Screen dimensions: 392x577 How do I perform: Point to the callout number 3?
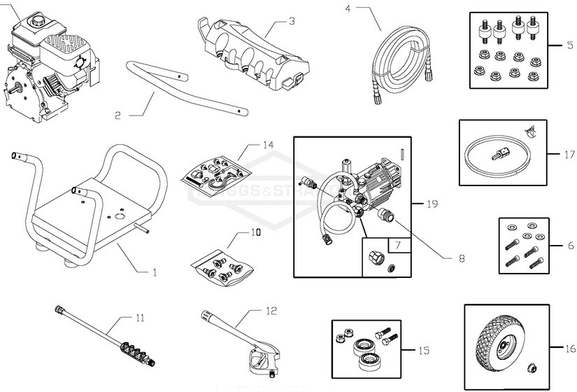[x=292, y=21]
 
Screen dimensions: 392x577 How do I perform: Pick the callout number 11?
[x=140, y=318]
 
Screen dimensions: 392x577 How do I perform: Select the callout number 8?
[x=462, y=258]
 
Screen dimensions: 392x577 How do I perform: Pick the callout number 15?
[x=424, y=350]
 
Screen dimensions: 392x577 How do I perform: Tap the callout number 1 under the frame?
[x=155, y=272]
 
